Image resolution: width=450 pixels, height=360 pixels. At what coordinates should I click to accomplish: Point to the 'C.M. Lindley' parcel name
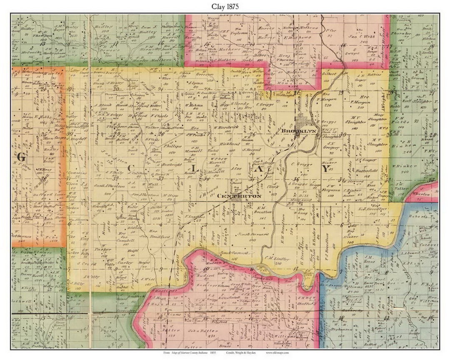pos(277,259)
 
